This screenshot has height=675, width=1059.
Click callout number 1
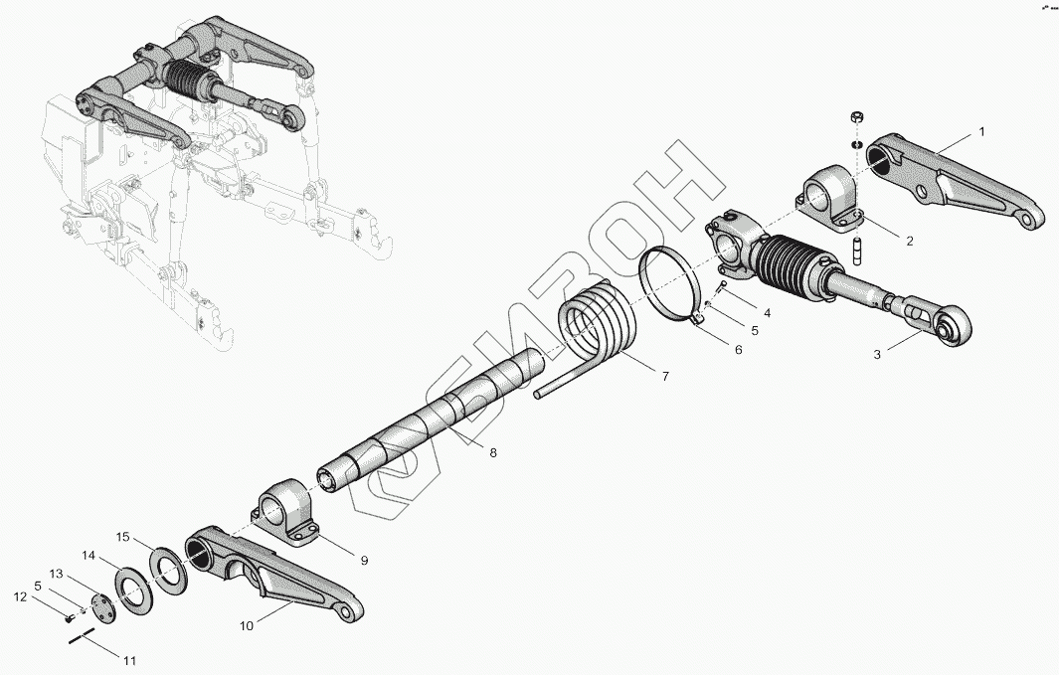(x=981, y=131)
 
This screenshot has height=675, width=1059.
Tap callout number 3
(x=877, y=353)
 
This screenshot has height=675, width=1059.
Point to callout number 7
(x=664, y=375)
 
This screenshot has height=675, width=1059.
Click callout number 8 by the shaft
(x=492, y=452)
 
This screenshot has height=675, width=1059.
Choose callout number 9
(x=364, y=561)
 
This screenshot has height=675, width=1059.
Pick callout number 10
(x=246, y=625)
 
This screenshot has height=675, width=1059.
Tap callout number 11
(x=130, y=660)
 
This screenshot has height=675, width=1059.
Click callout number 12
(x=18, y=597)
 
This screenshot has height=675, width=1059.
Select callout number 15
(x=122, y=537)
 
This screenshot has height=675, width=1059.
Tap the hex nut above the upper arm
(x=855, y=119)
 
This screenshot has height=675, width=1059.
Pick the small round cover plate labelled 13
(x=101, y=607)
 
